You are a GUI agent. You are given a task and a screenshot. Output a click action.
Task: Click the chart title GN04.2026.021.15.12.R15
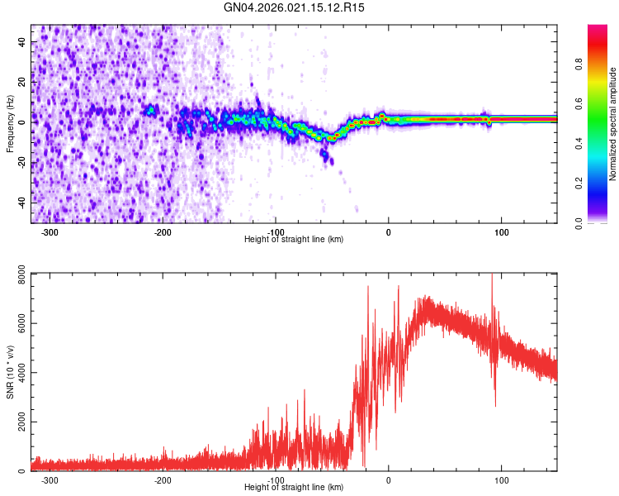295,7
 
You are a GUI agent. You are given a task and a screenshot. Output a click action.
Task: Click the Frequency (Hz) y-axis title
10,123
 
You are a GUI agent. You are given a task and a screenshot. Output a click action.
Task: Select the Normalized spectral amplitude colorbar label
613,123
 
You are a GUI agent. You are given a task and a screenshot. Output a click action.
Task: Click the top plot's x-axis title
294,239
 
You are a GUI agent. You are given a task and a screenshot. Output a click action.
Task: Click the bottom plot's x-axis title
294,487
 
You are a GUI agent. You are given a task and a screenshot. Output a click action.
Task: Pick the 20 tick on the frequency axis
23,81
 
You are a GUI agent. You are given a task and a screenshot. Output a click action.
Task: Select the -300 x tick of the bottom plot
50,479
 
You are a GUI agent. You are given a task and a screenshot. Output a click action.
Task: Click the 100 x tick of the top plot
501,231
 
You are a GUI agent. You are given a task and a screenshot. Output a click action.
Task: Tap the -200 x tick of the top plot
163,231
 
